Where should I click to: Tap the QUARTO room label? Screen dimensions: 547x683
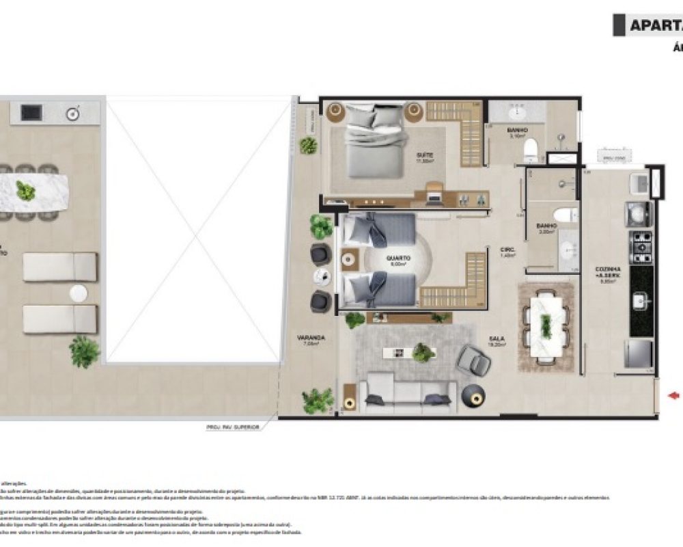click(x=398, y=259)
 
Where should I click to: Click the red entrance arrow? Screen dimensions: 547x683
click(x=675, y=395)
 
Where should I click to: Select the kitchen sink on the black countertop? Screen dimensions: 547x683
click(x=640, y=299)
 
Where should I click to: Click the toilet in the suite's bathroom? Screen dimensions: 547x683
click(x=531, y=153)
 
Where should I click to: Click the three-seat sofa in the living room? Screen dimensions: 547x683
click(x=408, y=392)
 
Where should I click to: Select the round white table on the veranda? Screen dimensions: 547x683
click(x=322, y=276)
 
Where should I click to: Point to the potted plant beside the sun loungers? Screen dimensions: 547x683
click(x=84, y=351)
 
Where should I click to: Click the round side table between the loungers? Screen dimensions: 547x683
click(x=78, y=293)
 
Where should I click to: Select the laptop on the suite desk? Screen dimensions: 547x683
click(x=434, y=198)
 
